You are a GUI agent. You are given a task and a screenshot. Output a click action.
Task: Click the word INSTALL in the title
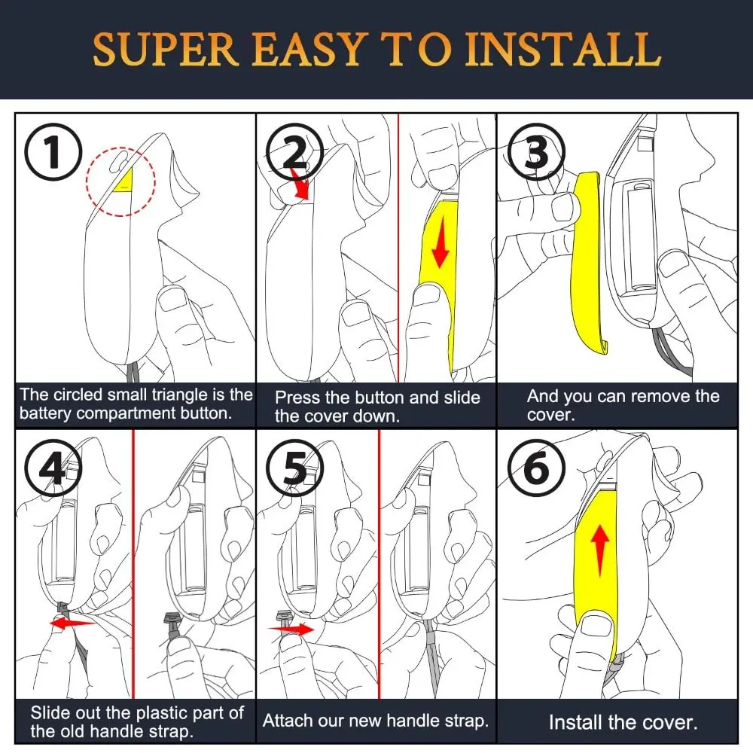[x=562, y=50]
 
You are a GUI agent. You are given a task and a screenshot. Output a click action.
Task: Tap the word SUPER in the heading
[x=165, y=50]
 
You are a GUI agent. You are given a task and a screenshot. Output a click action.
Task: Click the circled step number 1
[x=53, y=152]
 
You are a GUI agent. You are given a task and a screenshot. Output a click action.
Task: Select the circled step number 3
[x=536, y=152]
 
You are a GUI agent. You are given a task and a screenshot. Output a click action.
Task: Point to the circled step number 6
[x=536, y=468]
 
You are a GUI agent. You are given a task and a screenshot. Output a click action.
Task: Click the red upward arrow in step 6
[x=600, y=550]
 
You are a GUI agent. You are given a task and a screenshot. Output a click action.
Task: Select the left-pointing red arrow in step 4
[x=73, y=623]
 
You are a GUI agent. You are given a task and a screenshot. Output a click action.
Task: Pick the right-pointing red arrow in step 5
[x=291, y=629]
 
